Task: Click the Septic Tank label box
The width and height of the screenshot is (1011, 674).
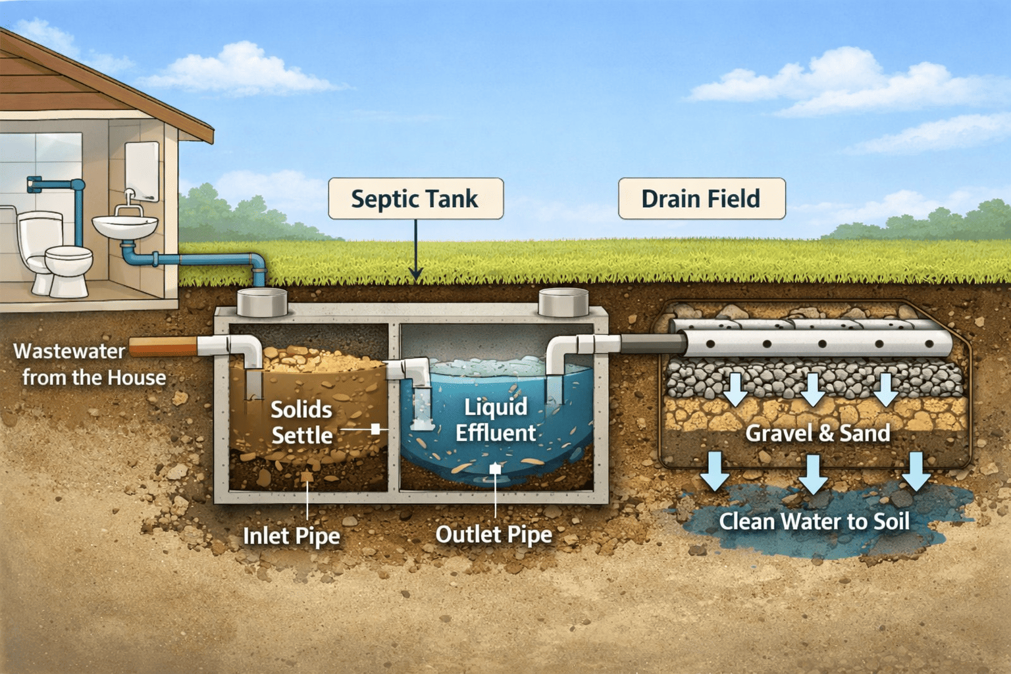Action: coord(415,199)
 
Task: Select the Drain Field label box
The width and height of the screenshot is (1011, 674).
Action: coord(701,199)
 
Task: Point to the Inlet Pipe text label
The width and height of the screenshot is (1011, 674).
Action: coord(292,536)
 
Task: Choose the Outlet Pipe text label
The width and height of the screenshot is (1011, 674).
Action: coord(494,534)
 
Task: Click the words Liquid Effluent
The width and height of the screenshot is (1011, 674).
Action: coord(496,420)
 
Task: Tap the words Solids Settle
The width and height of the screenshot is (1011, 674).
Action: coord(301,423)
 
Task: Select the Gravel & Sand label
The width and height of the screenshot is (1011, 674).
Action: coord(817,433)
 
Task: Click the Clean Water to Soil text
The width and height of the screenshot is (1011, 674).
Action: coord(814,522)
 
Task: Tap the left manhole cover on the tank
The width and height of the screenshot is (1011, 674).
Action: coord(262,302)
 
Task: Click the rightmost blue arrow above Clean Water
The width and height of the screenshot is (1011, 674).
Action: coord(916,471)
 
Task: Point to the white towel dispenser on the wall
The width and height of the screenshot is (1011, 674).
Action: coord(142,171)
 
